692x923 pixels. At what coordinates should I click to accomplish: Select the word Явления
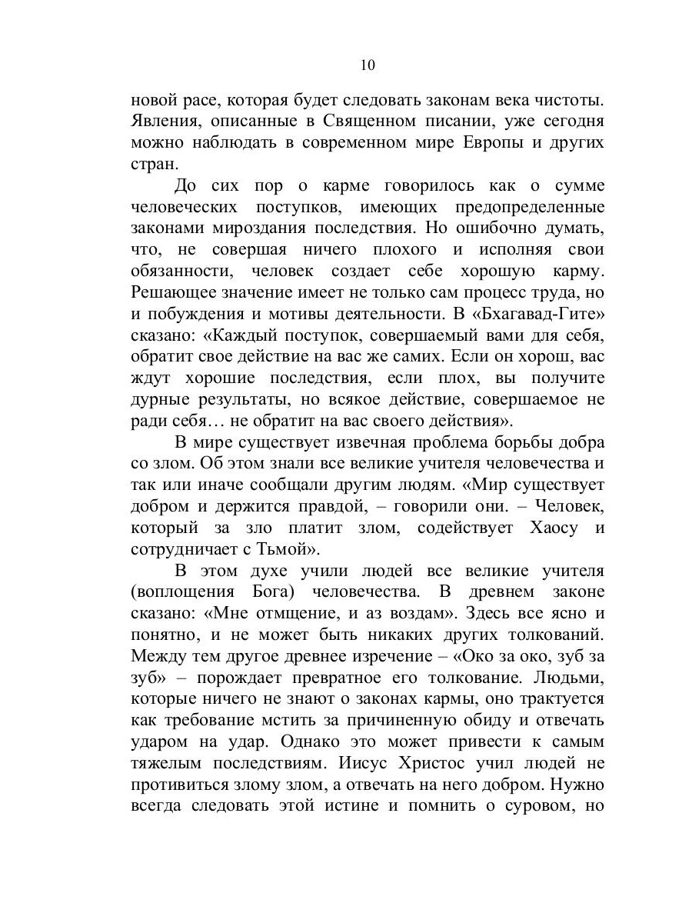167,121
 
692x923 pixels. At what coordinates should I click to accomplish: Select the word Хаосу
538,528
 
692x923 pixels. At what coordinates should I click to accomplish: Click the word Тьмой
292,549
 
